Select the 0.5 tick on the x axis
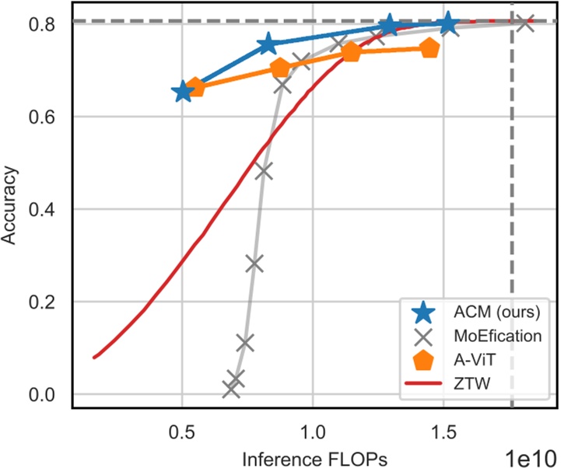(x=182, y=430)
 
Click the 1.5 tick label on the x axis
(x=444, y=430)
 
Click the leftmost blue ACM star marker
(x=183, y=91)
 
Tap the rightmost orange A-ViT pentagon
(x=430, y=48)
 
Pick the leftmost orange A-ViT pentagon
(x=196, y=87)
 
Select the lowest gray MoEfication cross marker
(x=231, y=389)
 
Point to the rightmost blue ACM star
(x=447, y=24)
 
